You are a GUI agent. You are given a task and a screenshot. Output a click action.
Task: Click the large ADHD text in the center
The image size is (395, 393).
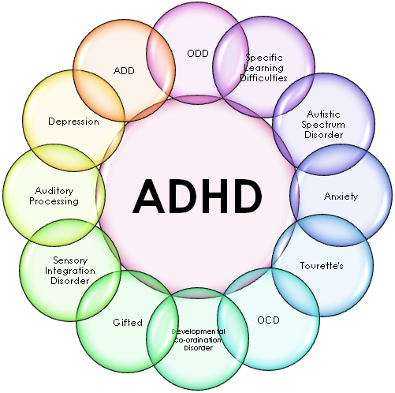tap(197, 196)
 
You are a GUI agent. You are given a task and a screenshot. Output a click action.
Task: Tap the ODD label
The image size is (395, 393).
tap(198, 54)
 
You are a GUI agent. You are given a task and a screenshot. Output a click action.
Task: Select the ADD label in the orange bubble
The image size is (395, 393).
tap(124, 70)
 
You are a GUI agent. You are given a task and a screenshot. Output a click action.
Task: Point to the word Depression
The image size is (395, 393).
tap(73, 122)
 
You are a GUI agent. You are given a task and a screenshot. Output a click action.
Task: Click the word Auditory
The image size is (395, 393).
tap(54, 191)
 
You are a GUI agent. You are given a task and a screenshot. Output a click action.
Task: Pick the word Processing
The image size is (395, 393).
tap(54, 201)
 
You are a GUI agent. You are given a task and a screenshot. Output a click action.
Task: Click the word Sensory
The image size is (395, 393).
tap(70, 260)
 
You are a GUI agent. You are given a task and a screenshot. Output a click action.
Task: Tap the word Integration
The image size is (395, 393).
tap(70, 271)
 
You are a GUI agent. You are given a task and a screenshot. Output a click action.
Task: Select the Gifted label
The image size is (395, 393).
tap(128, 323)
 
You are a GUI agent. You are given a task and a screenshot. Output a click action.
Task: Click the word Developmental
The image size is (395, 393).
tap(198, 331)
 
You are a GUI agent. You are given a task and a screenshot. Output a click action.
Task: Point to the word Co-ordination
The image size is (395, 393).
tap(198, 340)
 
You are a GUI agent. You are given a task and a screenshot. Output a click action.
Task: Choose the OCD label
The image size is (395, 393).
tap(268, 320)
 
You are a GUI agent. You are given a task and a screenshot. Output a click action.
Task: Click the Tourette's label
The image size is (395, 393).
tap(322, 266)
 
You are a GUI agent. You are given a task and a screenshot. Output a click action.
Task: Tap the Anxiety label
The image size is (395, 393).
tap(341, 196)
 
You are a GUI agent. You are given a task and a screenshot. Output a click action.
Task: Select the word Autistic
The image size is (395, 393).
tap(323, 114)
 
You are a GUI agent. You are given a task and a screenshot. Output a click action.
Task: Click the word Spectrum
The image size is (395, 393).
tap(323, 125)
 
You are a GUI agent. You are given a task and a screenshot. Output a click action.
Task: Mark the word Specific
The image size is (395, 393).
tap(264, 58)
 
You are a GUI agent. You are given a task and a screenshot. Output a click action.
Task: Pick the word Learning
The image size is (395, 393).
tap(264, 68)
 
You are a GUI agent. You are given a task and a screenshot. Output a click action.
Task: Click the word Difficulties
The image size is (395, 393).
tap(263, 78)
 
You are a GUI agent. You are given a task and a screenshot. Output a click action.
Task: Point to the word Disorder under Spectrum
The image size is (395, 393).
tap(324, 135)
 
